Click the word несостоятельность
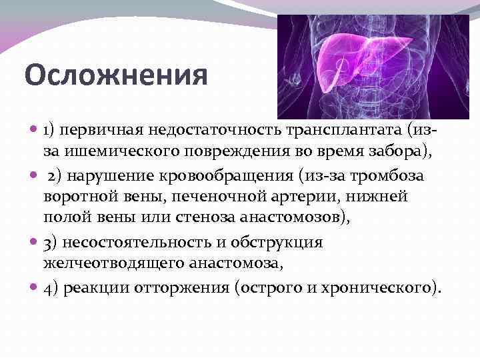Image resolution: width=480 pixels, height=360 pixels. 141,241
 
